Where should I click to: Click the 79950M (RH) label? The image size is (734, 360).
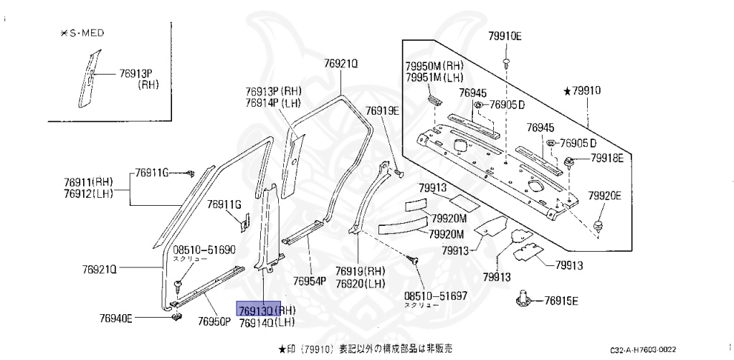tap(434, 65)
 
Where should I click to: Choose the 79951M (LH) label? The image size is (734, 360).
tap(434, 77)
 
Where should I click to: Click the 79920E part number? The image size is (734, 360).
tap(605, 195)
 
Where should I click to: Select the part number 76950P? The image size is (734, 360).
tap(214, 321)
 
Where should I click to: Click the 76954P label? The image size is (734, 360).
tap(310, 280)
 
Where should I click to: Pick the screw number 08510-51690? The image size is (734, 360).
tap(204, 250)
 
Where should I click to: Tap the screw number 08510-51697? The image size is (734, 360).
tap(435, 295)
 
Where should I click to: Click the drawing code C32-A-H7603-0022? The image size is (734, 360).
tap(643, 349)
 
